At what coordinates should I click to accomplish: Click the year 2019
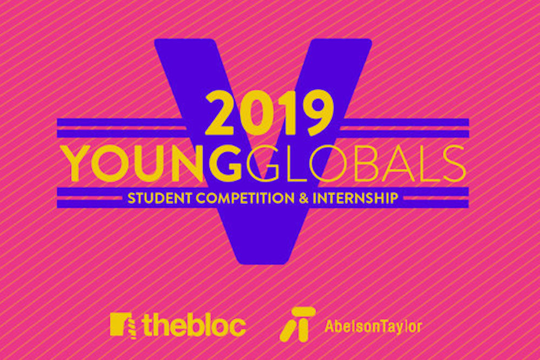[x=269, y=112]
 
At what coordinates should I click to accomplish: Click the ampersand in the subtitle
[x=303, y=198]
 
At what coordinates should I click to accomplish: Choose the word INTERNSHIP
[x=355, y=198]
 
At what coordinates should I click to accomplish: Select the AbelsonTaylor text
[x=373, y=327]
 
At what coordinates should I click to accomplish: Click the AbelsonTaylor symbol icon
[x=298, y=324]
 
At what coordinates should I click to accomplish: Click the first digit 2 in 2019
[x=221, y=113]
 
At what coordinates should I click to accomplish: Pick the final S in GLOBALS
[x=455, y=163]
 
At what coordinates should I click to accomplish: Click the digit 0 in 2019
[x=257, y=112]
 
